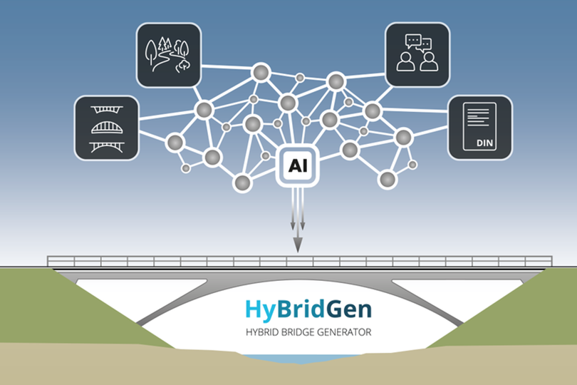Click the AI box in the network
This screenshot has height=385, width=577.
pos(297,165)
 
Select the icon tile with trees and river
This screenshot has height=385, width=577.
pos(168,55)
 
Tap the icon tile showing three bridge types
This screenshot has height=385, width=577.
pos(106,128)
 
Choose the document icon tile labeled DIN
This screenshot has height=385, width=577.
pos(479,127)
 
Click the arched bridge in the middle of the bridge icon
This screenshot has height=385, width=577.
pos(106,128)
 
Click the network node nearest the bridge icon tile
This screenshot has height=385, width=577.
pos(175,142)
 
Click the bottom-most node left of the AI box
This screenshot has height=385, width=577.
pos(243,183)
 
